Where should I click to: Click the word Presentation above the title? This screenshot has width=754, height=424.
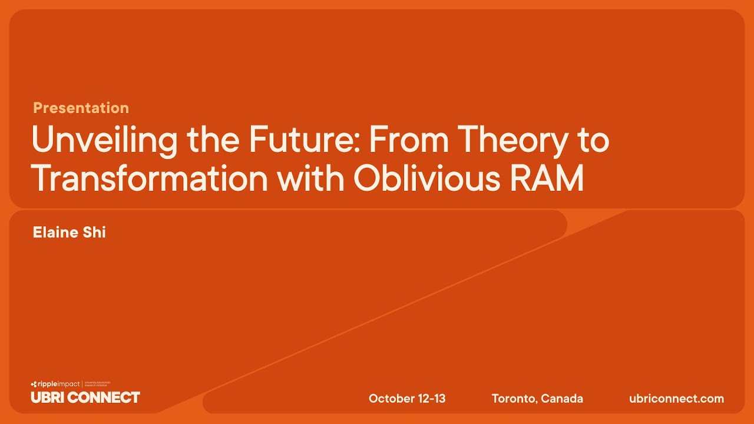pyautogui.click(x=81, y=108)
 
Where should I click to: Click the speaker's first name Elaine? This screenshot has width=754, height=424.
pyautogui.click(x=55, y=232)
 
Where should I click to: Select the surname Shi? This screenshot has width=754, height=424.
pyautogui.click(x=95, y=232)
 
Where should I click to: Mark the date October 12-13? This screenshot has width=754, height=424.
pyautogui.click(x=407, y=399)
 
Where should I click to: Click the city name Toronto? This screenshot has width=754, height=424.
pyautogui.click(x=513, y=399)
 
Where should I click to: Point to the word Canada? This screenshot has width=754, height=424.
pyautogui.click(x=562, y=399)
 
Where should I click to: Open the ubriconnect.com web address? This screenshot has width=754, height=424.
pyautogui.click(x=676, y=399)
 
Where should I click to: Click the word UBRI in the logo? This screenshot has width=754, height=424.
pyautogui.click(x=48, y=397)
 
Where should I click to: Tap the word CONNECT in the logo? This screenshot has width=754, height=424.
pyautogui.click(x=104, y=397)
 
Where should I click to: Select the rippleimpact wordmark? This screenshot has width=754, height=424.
pyautogui.click(x=58, y=384)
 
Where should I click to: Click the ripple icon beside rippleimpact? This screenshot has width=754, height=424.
pyautogui.click(x=34, y=384)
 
